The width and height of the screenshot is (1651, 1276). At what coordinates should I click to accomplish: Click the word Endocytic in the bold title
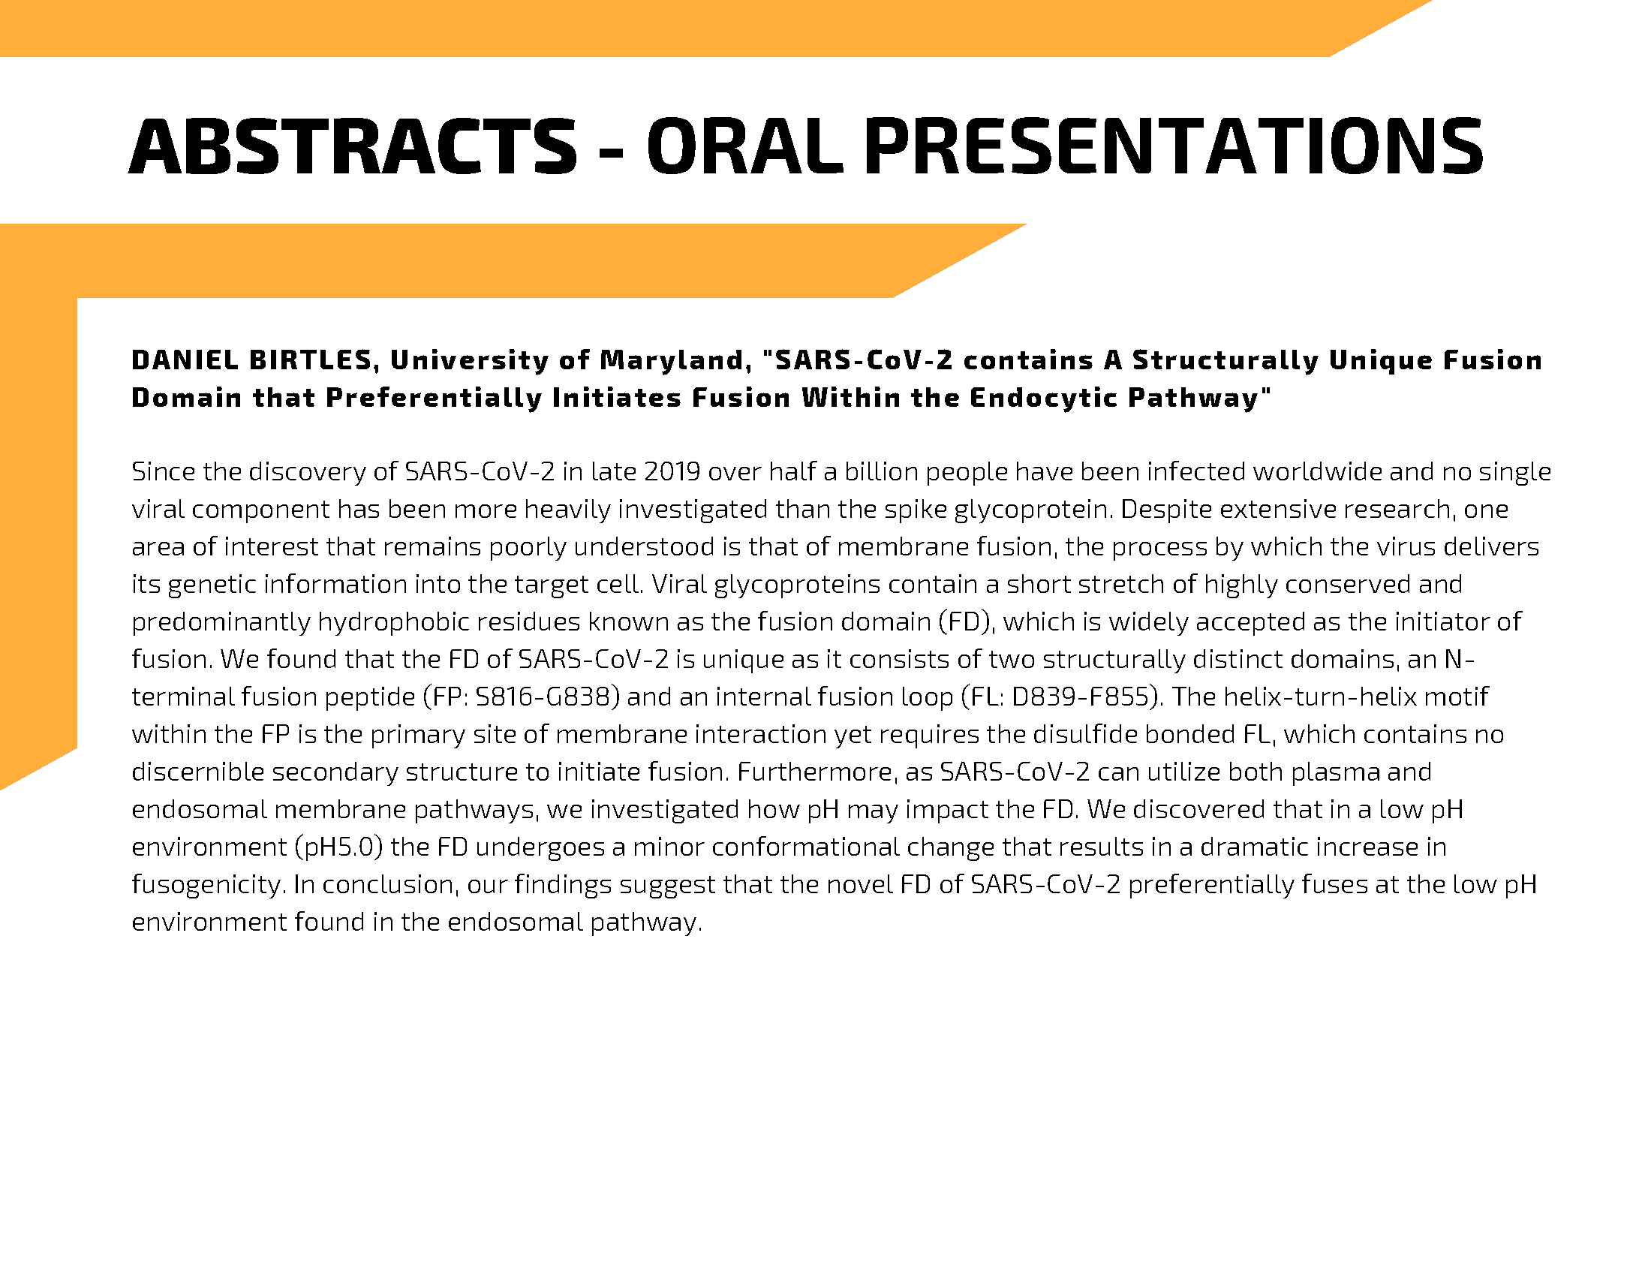tap(1043, 399)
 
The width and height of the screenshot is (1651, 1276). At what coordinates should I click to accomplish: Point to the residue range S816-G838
tap(539, 697)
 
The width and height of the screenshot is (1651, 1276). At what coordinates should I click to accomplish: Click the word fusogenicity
tap(209, 884)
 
